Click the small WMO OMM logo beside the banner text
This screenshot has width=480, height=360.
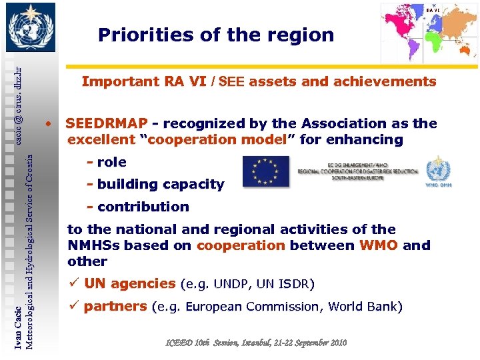click(438, 173)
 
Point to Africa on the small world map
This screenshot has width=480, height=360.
click(432, 34)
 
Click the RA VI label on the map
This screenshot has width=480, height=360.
click(432, 10)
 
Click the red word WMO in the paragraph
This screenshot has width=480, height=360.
click(378, 245)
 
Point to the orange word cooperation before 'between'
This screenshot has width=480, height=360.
click(241, 245)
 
